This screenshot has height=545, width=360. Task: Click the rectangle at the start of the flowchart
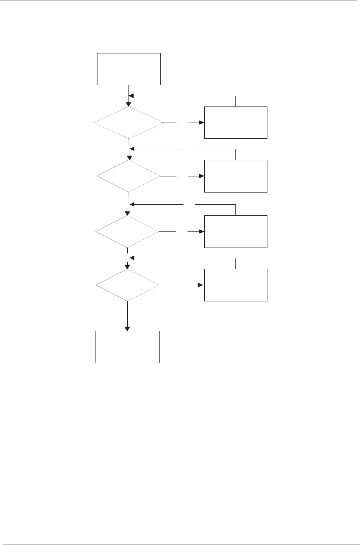[x=129, y=69]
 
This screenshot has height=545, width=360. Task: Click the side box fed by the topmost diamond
[x=236, y=123]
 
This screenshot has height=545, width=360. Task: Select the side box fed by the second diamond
[x=236, y=176]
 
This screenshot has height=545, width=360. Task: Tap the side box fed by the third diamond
[x=236, y=231]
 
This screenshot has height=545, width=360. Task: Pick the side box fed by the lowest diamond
[x=236, y=285]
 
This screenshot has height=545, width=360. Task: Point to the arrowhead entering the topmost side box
[x=202, y=123]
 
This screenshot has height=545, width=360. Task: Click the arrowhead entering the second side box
[x=202, y=176]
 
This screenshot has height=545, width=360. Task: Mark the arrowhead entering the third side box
[x=202, y=232]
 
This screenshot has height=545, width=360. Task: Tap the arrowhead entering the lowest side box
[x=201, y=285]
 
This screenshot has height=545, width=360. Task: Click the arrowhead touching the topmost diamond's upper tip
[x=129, y=104]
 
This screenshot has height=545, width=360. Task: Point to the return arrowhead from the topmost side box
[x=132, y=95]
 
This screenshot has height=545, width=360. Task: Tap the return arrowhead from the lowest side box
[x=132, y=258]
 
